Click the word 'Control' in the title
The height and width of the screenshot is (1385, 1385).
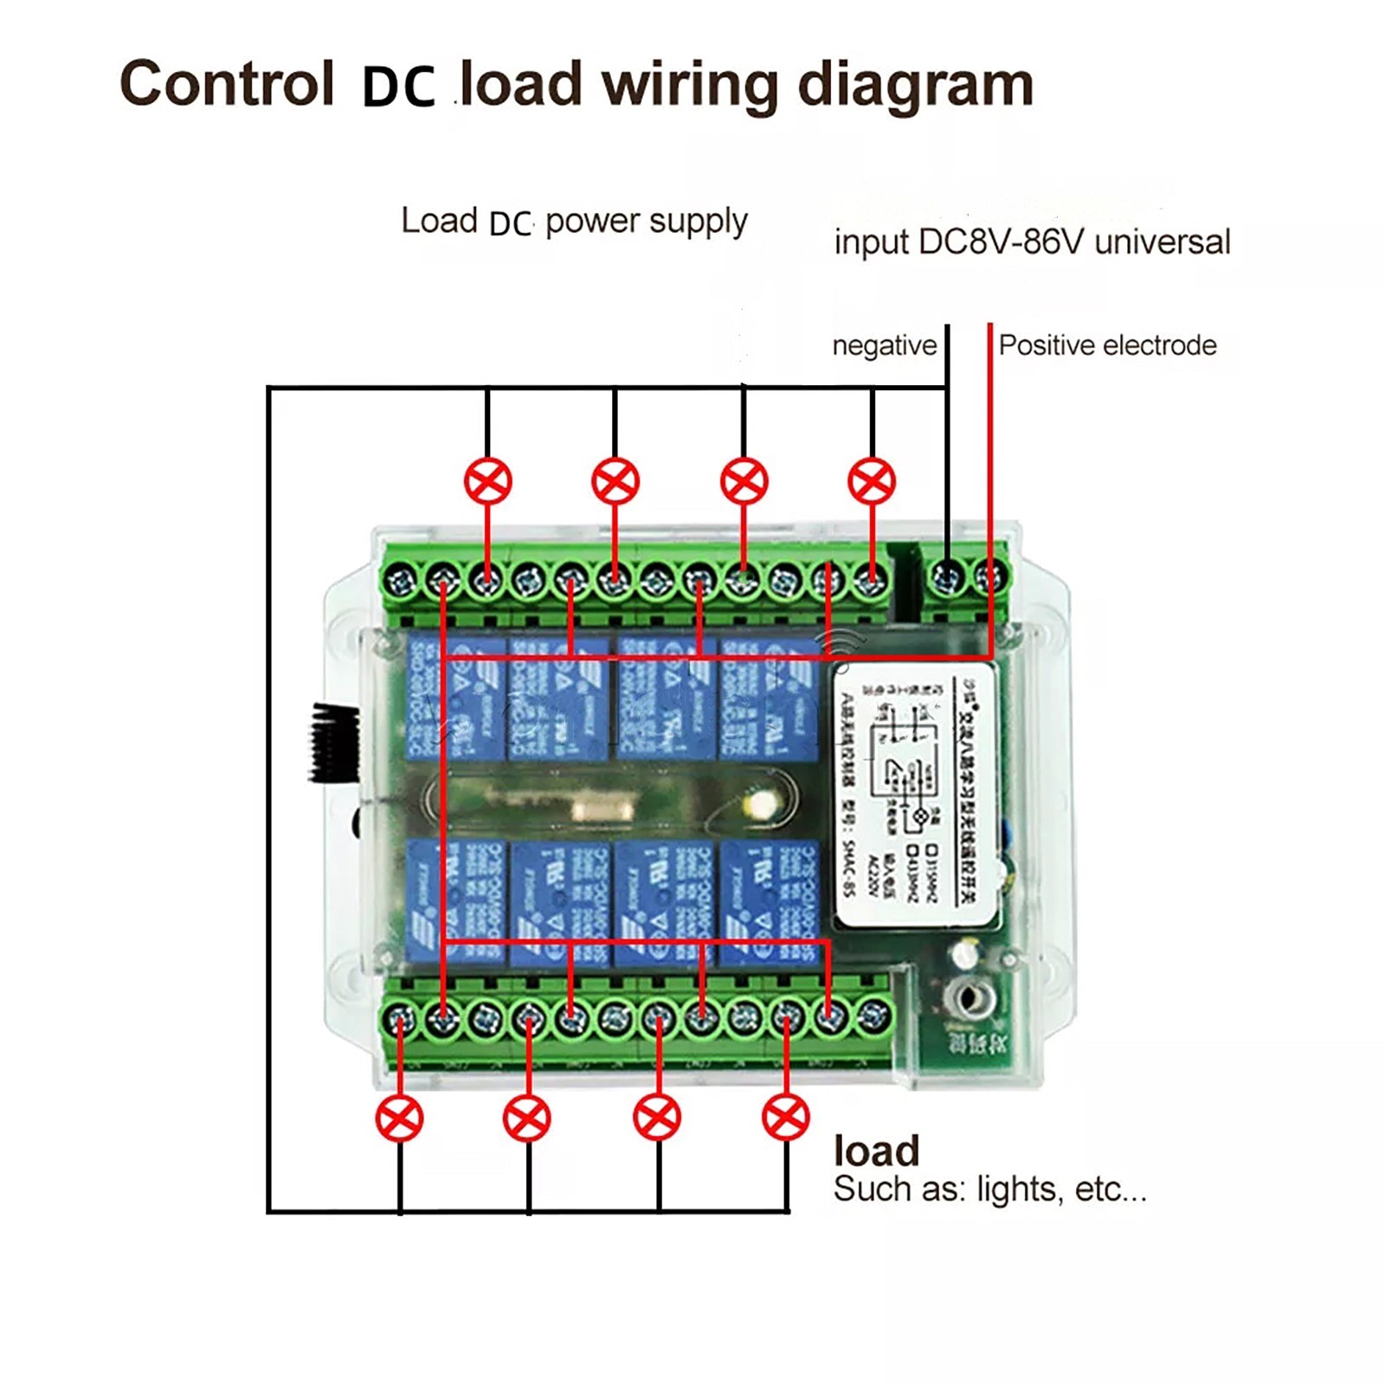click(x=227, y=84)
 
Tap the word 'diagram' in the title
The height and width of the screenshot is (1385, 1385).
click(x=915, y=87)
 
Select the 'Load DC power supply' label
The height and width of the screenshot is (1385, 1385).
click(x=574, y=222)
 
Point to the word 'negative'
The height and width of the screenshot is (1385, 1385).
click(x=884, y=345)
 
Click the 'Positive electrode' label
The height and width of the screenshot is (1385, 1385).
click(x=1107, y=345)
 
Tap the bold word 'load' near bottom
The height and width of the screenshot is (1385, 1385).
click(x=876, y=1151)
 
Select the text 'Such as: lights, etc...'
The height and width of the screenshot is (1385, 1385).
click(x=989, y=1189)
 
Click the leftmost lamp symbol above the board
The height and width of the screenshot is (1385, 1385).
click(x=488, y=481)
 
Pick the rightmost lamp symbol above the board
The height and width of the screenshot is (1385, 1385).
click(x=872, y=481)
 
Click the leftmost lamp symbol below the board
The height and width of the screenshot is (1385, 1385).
click(x=399, y=1118)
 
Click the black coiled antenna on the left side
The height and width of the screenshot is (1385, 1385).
click(x=336, y=743)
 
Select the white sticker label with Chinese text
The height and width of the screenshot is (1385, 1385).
click(x=916, y=795)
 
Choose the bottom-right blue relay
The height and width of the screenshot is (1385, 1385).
click(x=769, y=904)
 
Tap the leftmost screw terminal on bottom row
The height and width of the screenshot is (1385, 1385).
click(x=399, y=1019)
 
